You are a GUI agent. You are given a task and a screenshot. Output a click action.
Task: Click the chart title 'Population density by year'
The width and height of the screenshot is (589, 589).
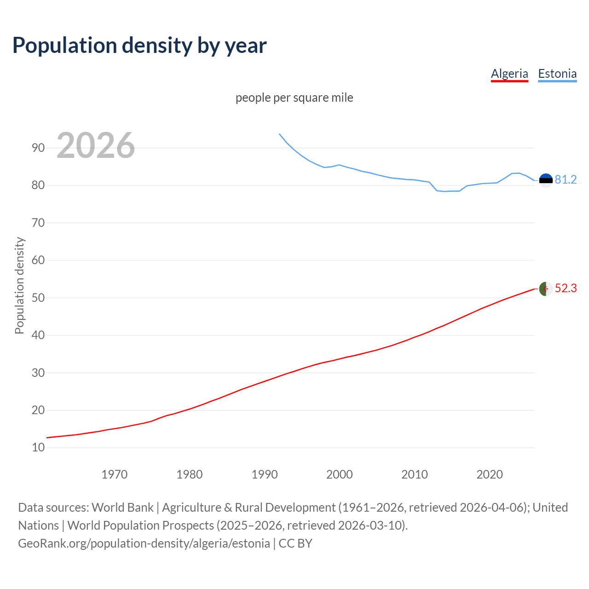[139, 46]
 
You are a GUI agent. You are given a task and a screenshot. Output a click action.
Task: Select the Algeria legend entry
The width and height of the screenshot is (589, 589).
[509, 74]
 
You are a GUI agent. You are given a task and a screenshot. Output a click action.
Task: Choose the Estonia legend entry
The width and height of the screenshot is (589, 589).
[557, 74]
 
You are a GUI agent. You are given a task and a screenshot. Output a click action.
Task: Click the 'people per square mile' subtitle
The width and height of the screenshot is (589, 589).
[294, 98]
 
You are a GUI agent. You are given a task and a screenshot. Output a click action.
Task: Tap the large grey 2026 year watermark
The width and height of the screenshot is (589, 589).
[96, 145]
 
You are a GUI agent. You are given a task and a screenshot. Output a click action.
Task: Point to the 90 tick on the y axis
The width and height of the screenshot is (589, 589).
[38, 148]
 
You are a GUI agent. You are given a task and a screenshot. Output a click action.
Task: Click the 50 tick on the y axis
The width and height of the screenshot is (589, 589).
[38, 298]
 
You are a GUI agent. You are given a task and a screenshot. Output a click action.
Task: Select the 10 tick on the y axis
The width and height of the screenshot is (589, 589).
[38, 447]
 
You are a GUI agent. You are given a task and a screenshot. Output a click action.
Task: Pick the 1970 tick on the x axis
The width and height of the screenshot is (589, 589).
[114, 474]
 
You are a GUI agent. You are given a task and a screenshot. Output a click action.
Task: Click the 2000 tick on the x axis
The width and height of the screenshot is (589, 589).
[339, 474]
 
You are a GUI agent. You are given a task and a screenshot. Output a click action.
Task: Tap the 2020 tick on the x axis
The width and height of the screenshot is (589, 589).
[489, 474]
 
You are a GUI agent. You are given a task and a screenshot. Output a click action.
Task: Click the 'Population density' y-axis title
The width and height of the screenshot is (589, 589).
[19, 285]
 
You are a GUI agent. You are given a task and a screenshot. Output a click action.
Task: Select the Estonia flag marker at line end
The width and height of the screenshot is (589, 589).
[546, 180]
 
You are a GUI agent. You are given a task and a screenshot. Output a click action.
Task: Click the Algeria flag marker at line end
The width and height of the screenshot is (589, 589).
[546, 289]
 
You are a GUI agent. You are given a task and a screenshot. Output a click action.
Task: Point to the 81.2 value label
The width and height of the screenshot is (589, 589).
[566, 180]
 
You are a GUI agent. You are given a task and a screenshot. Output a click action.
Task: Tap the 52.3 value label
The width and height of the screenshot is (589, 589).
[566, 289]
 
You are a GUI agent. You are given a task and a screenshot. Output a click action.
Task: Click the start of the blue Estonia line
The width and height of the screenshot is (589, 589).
[279, 134]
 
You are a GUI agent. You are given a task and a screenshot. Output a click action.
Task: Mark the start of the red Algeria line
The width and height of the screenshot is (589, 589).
[47, 438]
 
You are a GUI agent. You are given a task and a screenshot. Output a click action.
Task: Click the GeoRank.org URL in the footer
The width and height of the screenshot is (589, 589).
[144, 543]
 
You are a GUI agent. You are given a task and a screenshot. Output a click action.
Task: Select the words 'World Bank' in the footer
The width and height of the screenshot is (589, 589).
[122, 508]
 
